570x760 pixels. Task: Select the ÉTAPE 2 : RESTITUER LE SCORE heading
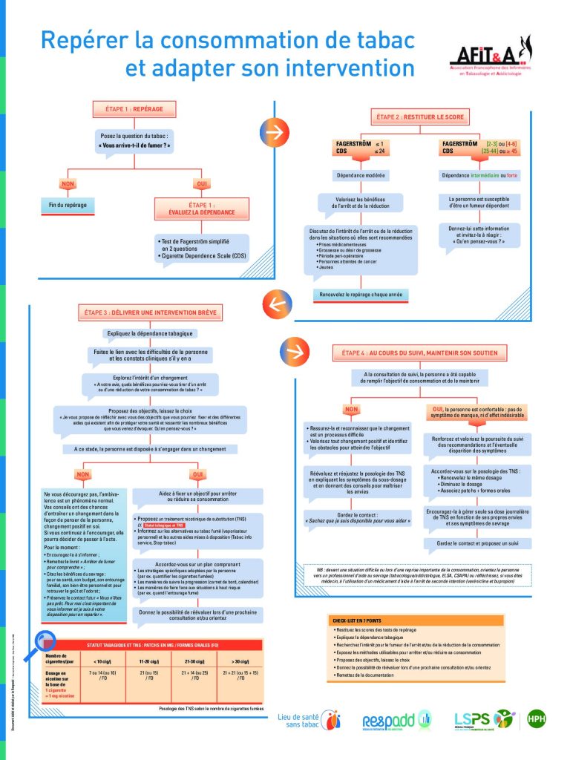419,117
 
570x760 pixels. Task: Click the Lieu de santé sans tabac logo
309,719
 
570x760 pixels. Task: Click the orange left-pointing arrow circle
274,303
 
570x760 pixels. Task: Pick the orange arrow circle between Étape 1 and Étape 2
273,133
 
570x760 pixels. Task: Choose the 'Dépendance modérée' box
361,175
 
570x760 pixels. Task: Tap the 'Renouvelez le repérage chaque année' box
361,295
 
